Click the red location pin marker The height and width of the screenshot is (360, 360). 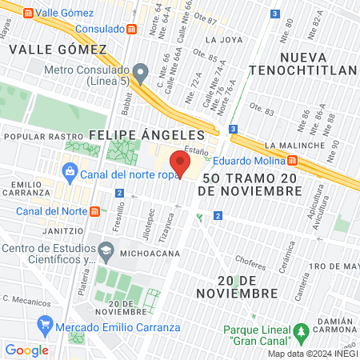181,165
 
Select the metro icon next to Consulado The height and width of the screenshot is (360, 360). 130,29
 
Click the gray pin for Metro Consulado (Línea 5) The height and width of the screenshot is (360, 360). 141,74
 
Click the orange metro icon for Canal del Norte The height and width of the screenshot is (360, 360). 95,211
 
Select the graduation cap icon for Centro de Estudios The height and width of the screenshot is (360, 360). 106,251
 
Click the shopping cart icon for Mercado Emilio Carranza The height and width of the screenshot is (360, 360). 46,326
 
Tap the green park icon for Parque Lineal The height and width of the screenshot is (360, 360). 301,330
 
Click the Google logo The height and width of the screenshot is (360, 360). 26,350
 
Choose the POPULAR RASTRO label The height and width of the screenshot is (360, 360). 34,137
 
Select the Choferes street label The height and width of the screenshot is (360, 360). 249,259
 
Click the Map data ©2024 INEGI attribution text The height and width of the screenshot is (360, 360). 311,354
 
